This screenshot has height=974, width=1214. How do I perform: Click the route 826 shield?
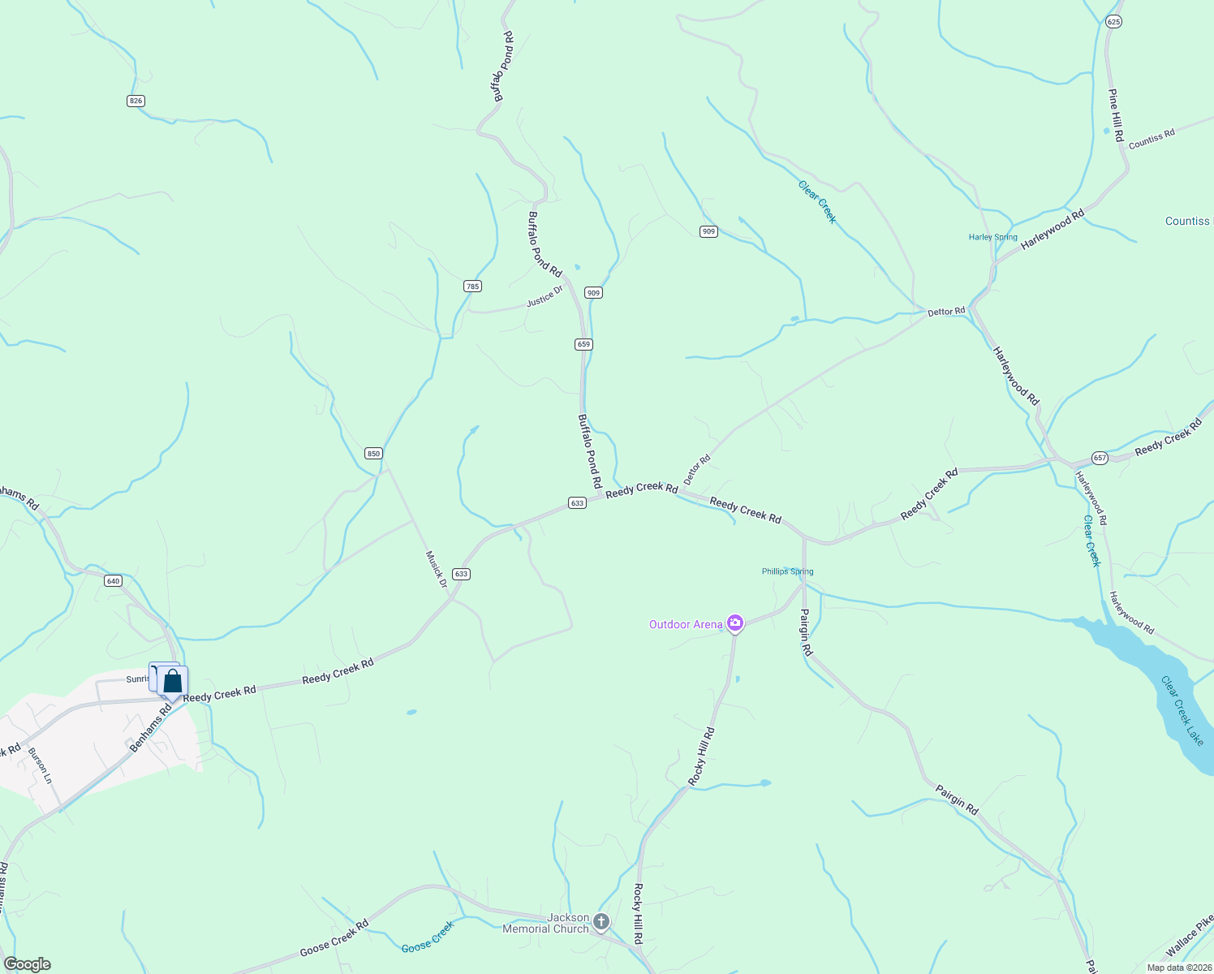pos(136,101)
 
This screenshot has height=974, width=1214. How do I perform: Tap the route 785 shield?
pos(472,286)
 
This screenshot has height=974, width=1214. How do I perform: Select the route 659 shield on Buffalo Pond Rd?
pos(583,344)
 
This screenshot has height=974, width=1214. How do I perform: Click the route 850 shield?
pos(373,453)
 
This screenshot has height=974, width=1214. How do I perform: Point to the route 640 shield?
pos(113,580)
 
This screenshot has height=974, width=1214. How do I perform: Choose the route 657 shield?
pos(1100,458)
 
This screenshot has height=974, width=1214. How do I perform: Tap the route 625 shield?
pos(1113,22)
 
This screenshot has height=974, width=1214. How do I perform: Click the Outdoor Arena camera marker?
pos(735,623)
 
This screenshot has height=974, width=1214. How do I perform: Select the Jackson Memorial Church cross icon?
pos(601,921)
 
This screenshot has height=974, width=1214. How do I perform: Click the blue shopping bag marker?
pos(172,681)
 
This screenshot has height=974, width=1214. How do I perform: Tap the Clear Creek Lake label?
pos(1182,710)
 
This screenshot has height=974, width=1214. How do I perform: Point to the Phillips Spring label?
pos(787,571)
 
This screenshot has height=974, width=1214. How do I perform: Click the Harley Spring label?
pos(992,237)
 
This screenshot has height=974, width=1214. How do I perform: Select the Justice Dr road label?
pos(545,296)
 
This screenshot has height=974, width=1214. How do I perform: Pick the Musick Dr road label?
pos(437,569)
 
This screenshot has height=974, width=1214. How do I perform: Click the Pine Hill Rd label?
pos(1117,115)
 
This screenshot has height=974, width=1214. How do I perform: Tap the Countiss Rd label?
pos(1151,139)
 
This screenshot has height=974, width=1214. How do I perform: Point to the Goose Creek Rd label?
pos(334,937)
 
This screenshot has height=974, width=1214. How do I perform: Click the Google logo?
pos(27,964)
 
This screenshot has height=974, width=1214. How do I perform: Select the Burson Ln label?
pos(41,765)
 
